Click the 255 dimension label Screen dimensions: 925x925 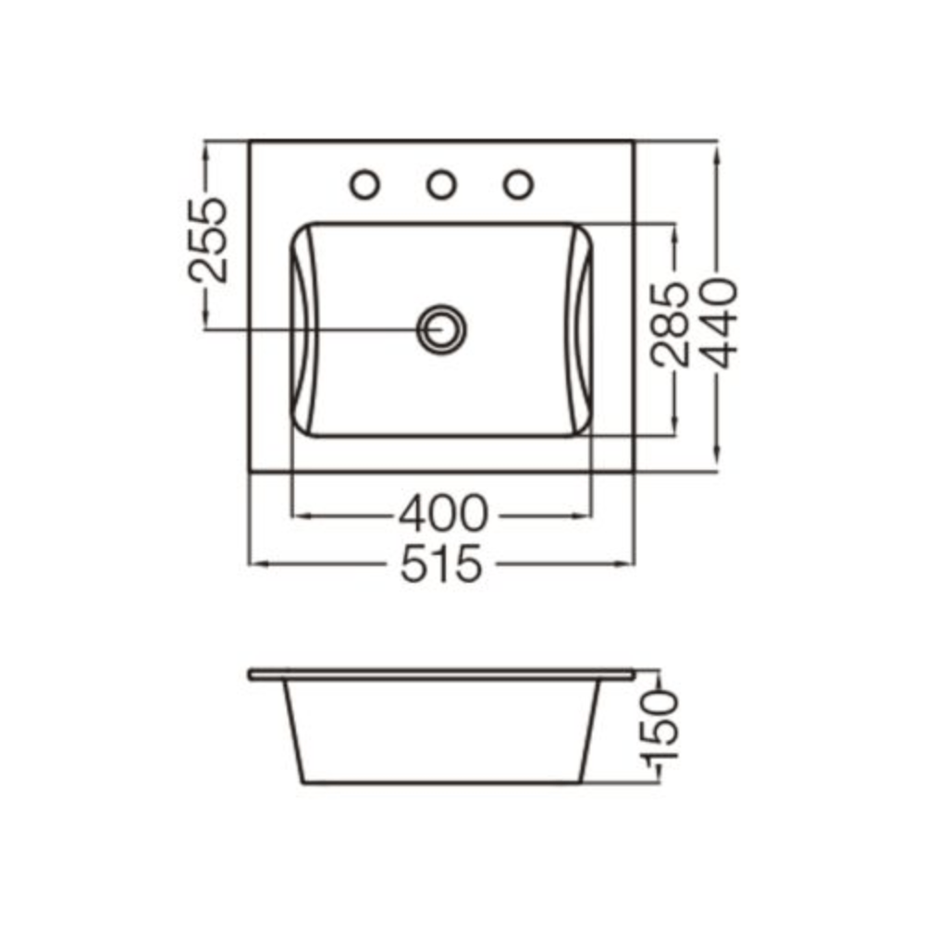pyautogui.click(x=207, y=240)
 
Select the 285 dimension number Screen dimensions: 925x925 pyautogui.click(x=670, y=325)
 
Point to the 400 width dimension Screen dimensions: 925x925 pyautogui.click(x=444, y=513)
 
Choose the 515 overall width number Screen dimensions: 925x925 pyautogui.click(x=441, y=564)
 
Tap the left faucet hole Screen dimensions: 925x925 pyautogui.click(x=364, y=185)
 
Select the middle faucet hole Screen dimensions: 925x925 pyautogui.click(x=441, y=185)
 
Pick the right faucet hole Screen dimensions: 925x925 pyautogui.click(x=519, y=185)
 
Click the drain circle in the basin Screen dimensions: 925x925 pyautogui.click(x=441, y=328)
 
